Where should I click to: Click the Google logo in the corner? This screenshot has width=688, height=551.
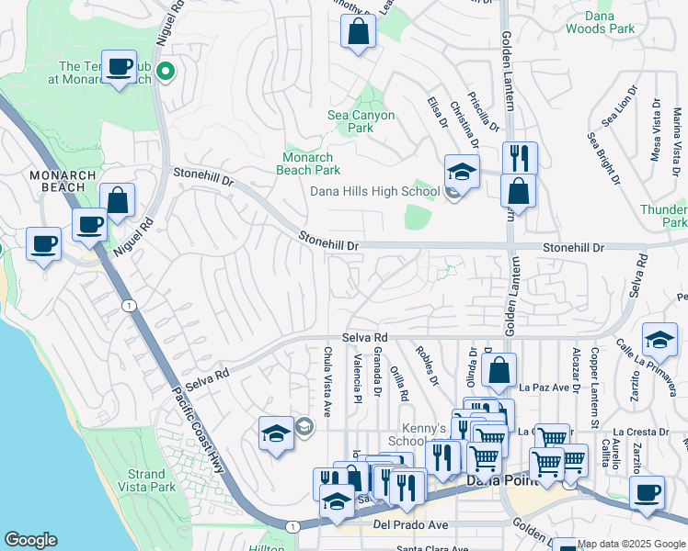30,540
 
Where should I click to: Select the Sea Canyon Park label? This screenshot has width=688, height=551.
361,121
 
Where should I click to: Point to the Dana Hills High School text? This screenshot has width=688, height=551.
373,191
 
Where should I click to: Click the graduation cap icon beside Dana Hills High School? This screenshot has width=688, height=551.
462,171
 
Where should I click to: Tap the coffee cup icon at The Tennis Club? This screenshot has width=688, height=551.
119,67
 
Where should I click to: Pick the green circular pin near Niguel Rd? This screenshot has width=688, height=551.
166,71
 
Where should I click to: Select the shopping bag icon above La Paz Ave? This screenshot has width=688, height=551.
499,370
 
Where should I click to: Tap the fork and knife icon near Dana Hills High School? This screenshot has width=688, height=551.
520,157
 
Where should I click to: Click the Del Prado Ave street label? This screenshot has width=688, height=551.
410,526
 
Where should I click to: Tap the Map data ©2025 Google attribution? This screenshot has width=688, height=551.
631,544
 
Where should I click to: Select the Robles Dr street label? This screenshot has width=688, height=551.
425,365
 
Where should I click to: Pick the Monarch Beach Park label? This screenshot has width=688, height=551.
310,163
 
